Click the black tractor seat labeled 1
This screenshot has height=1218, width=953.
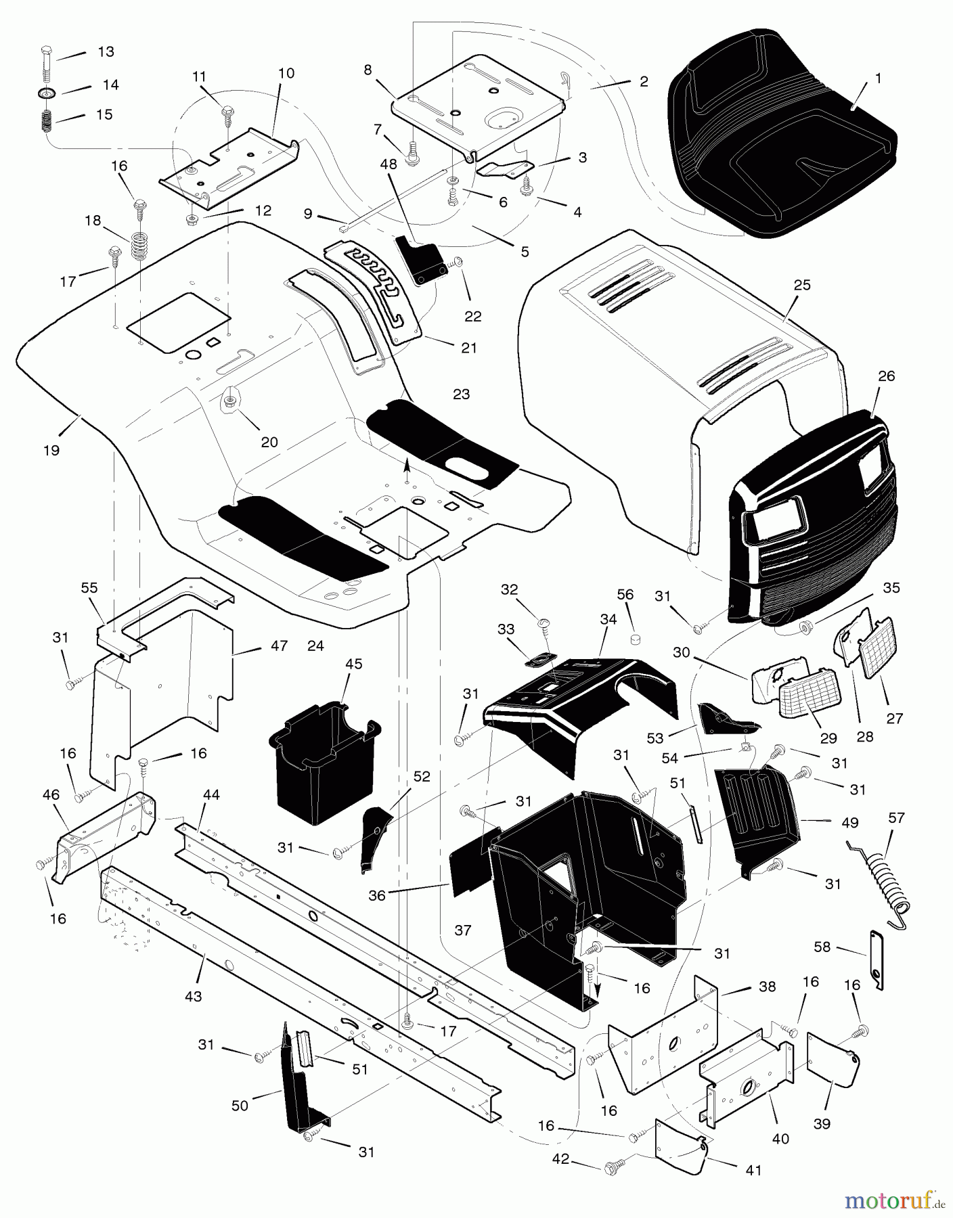point(778,135)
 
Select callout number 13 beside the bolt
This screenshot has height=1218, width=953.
point(106,52)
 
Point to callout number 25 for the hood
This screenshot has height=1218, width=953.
point(802,286)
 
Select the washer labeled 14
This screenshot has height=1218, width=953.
point(47,91)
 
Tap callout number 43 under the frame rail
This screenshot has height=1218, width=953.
point(193,997)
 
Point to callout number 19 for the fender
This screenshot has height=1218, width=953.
point(51,450)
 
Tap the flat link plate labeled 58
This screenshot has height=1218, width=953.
point(877,959)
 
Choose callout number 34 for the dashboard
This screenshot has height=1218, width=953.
point(608,619)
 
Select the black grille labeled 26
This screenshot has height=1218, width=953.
point(812,514)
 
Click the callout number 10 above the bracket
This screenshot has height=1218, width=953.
point(286,73)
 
